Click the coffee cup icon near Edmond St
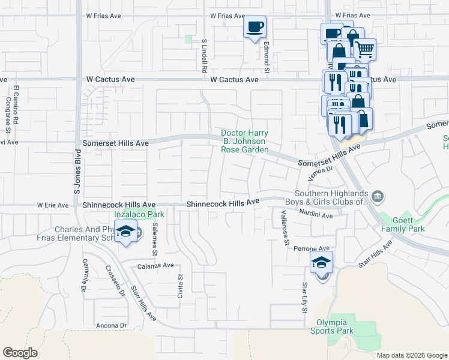(x=255, y=27)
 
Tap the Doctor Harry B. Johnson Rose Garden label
(x=244, y=142)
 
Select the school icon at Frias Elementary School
(x=126, y=232)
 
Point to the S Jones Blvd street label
(x=77, y=171)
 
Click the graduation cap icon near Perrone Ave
(x=321, y=262)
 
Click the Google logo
(x=20, y=353)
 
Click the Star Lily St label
(x=305, y=298)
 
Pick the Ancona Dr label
(x=111, y=326)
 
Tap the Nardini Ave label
(x=316, y=215)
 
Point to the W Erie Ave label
(x=53, y=205)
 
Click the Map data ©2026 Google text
(x=411, y=355)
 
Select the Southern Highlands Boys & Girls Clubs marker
(x=378, y=196)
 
